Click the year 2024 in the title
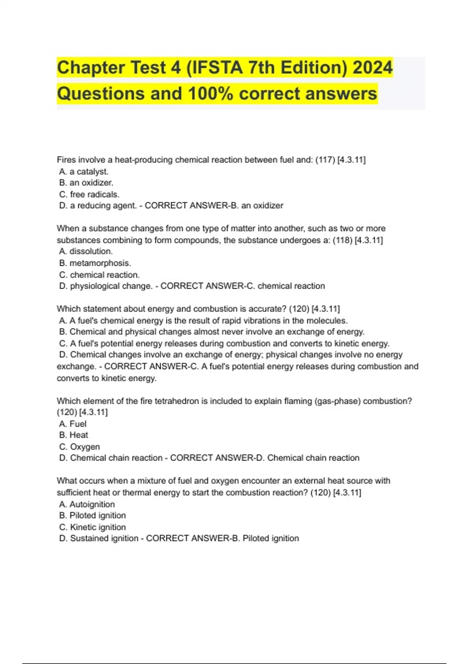[x=372, y=68]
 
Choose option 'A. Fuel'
[x=73, y=424]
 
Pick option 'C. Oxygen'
[x=79, y=446]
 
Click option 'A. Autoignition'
[x=87, y=504]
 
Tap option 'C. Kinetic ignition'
[x=92, y=527]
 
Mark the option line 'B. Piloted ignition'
[x=92, y=516]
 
